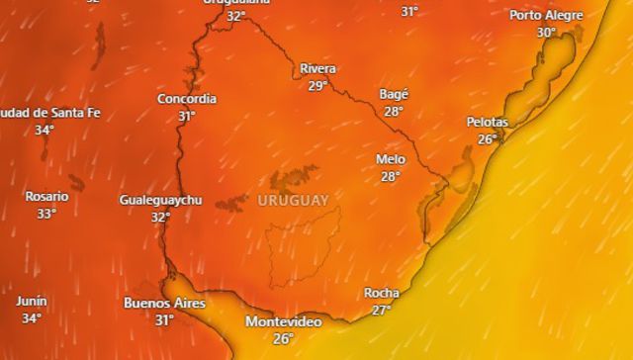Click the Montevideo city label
point(283,322)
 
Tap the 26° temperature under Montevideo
point(283,338)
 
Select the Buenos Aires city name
point(164,304)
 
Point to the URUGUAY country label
point(293,200)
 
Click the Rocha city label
point(382,293)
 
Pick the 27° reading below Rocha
point(382,310)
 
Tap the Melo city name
point(391,159)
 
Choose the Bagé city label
point(394,94)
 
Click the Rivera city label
point(317,68)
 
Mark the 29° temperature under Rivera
point(317,86)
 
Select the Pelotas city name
point(487,122)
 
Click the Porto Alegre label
point(546,15)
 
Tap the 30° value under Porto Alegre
point(546,32)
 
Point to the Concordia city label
point(187,99)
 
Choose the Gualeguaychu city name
point(160,200)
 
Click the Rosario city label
point(47,196)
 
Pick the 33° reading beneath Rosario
point(47,213)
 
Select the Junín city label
point(32,301)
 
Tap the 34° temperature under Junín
point(32,318)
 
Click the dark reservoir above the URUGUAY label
point(295,179)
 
